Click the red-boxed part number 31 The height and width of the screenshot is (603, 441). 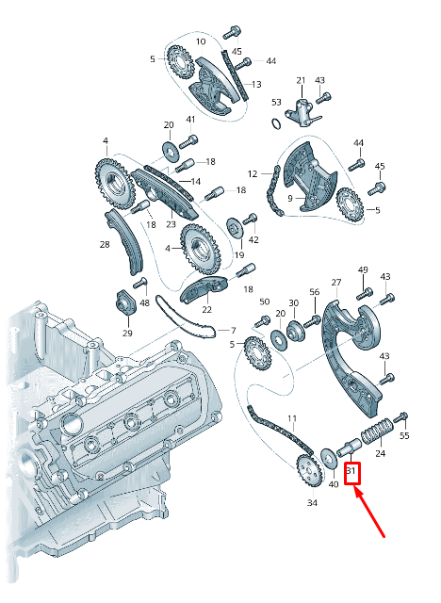coord(351,470)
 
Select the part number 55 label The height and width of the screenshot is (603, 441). coord(404,435)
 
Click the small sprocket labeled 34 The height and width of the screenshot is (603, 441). coord(309,470)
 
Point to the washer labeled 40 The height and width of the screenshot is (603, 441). coord(327,459)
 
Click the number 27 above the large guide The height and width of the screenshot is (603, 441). coord(336,283)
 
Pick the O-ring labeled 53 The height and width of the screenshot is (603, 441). coord(276,123)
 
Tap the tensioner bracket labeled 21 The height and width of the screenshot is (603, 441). coord(302,112)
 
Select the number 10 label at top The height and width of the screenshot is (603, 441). coord(201,41)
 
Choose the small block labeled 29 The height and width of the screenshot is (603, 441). coord(124,302)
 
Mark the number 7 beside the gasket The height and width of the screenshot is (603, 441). coord(233,330)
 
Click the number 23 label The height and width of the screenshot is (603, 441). coord(171,224)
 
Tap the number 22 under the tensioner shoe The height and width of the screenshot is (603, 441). coord(206,309)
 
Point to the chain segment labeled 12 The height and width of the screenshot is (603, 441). coord(273,190)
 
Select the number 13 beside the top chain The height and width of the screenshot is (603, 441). coord(256,84)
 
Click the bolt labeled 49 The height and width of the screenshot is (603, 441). coord(365,293)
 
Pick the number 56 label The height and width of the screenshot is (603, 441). coord(315,292)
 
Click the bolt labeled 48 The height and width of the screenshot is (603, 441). coord(140,284)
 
